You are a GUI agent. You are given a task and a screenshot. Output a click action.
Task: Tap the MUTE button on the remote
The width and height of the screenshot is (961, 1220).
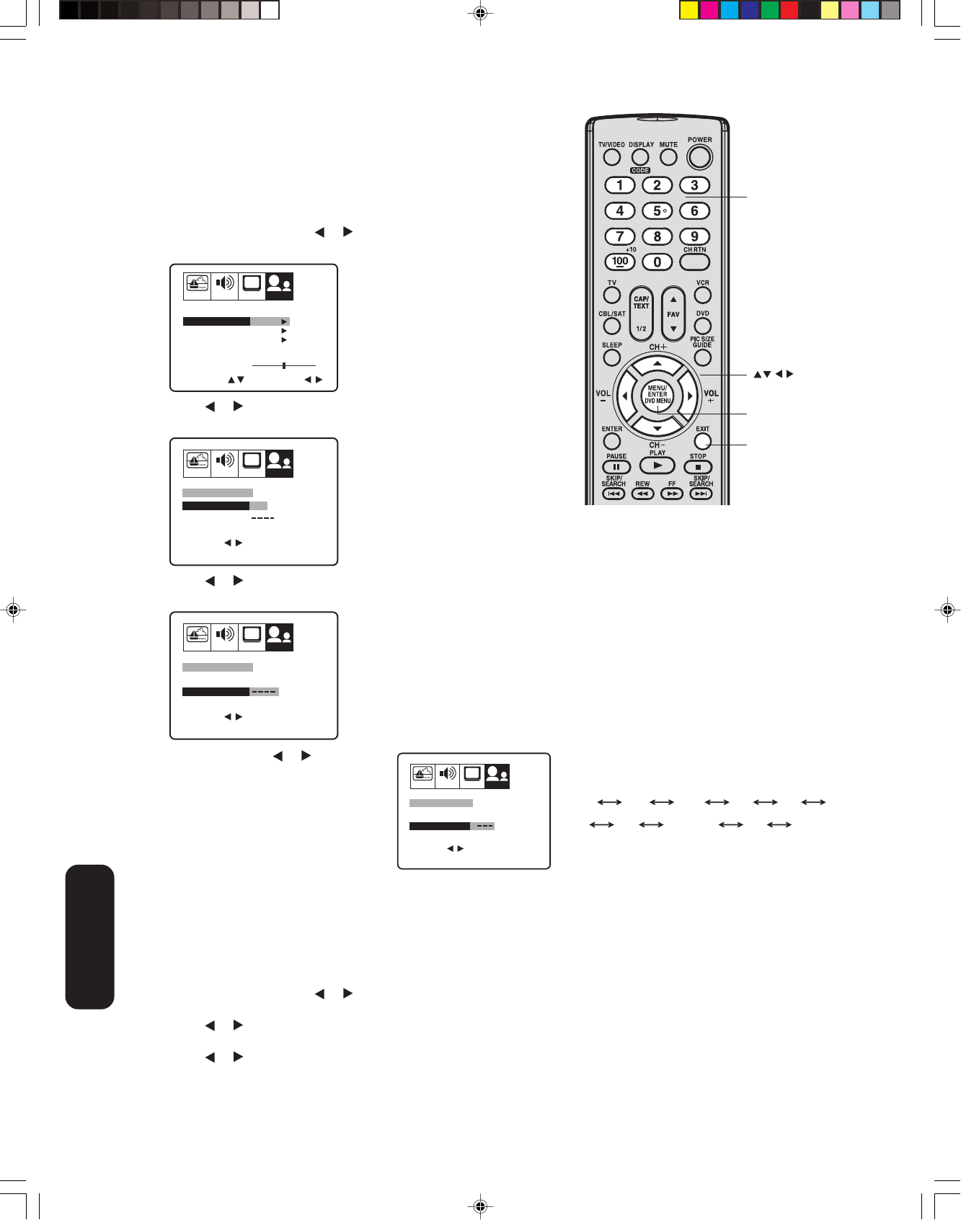tap(669, 156)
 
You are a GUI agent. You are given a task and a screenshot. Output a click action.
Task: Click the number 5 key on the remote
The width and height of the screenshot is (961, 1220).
tap(657, 211)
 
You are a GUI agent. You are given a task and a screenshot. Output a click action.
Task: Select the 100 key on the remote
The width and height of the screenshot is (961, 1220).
tap(620, 262)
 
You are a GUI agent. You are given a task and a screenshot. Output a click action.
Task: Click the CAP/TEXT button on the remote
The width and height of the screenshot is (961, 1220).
tap(641, 313)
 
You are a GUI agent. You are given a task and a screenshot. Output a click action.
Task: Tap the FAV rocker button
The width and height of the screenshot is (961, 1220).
tap(673, 313)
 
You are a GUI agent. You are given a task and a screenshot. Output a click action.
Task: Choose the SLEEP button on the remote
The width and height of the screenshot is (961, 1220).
tap(612, 357)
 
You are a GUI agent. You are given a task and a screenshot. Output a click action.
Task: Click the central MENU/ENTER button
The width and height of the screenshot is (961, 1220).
tap(657, 394)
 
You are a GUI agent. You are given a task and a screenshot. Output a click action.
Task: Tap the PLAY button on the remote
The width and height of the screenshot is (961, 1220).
tap(657, 466)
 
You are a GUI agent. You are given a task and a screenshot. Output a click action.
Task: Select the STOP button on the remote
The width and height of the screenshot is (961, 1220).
tap(698, 467)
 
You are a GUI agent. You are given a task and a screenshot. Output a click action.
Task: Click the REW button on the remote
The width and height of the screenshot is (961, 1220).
tap(642, 494)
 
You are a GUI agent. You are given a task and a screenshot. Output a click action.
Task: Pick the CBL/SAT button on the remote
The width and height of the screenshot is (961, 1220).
tap(612, 326)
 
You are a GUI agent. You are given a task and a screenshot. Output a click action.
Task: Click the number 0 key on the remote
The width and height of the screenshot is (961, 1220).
tap(657, 262)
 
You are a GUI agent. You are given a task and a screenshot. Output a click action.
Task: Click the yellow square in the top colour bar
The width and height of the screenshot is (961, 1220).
tap(689, 10)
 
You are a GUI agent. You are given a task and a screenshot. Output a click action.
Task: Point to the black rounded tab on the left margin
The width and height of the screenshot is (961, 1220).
tap(90, 936)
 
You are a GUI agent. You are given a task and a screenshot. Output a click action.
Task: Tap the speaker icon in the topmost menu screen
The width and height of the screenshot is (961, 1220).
tap(225, 283)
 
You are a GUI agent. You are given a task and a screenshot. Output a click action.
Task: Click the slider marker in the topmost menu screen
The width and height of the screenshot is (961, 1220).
tap(284, 365)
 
